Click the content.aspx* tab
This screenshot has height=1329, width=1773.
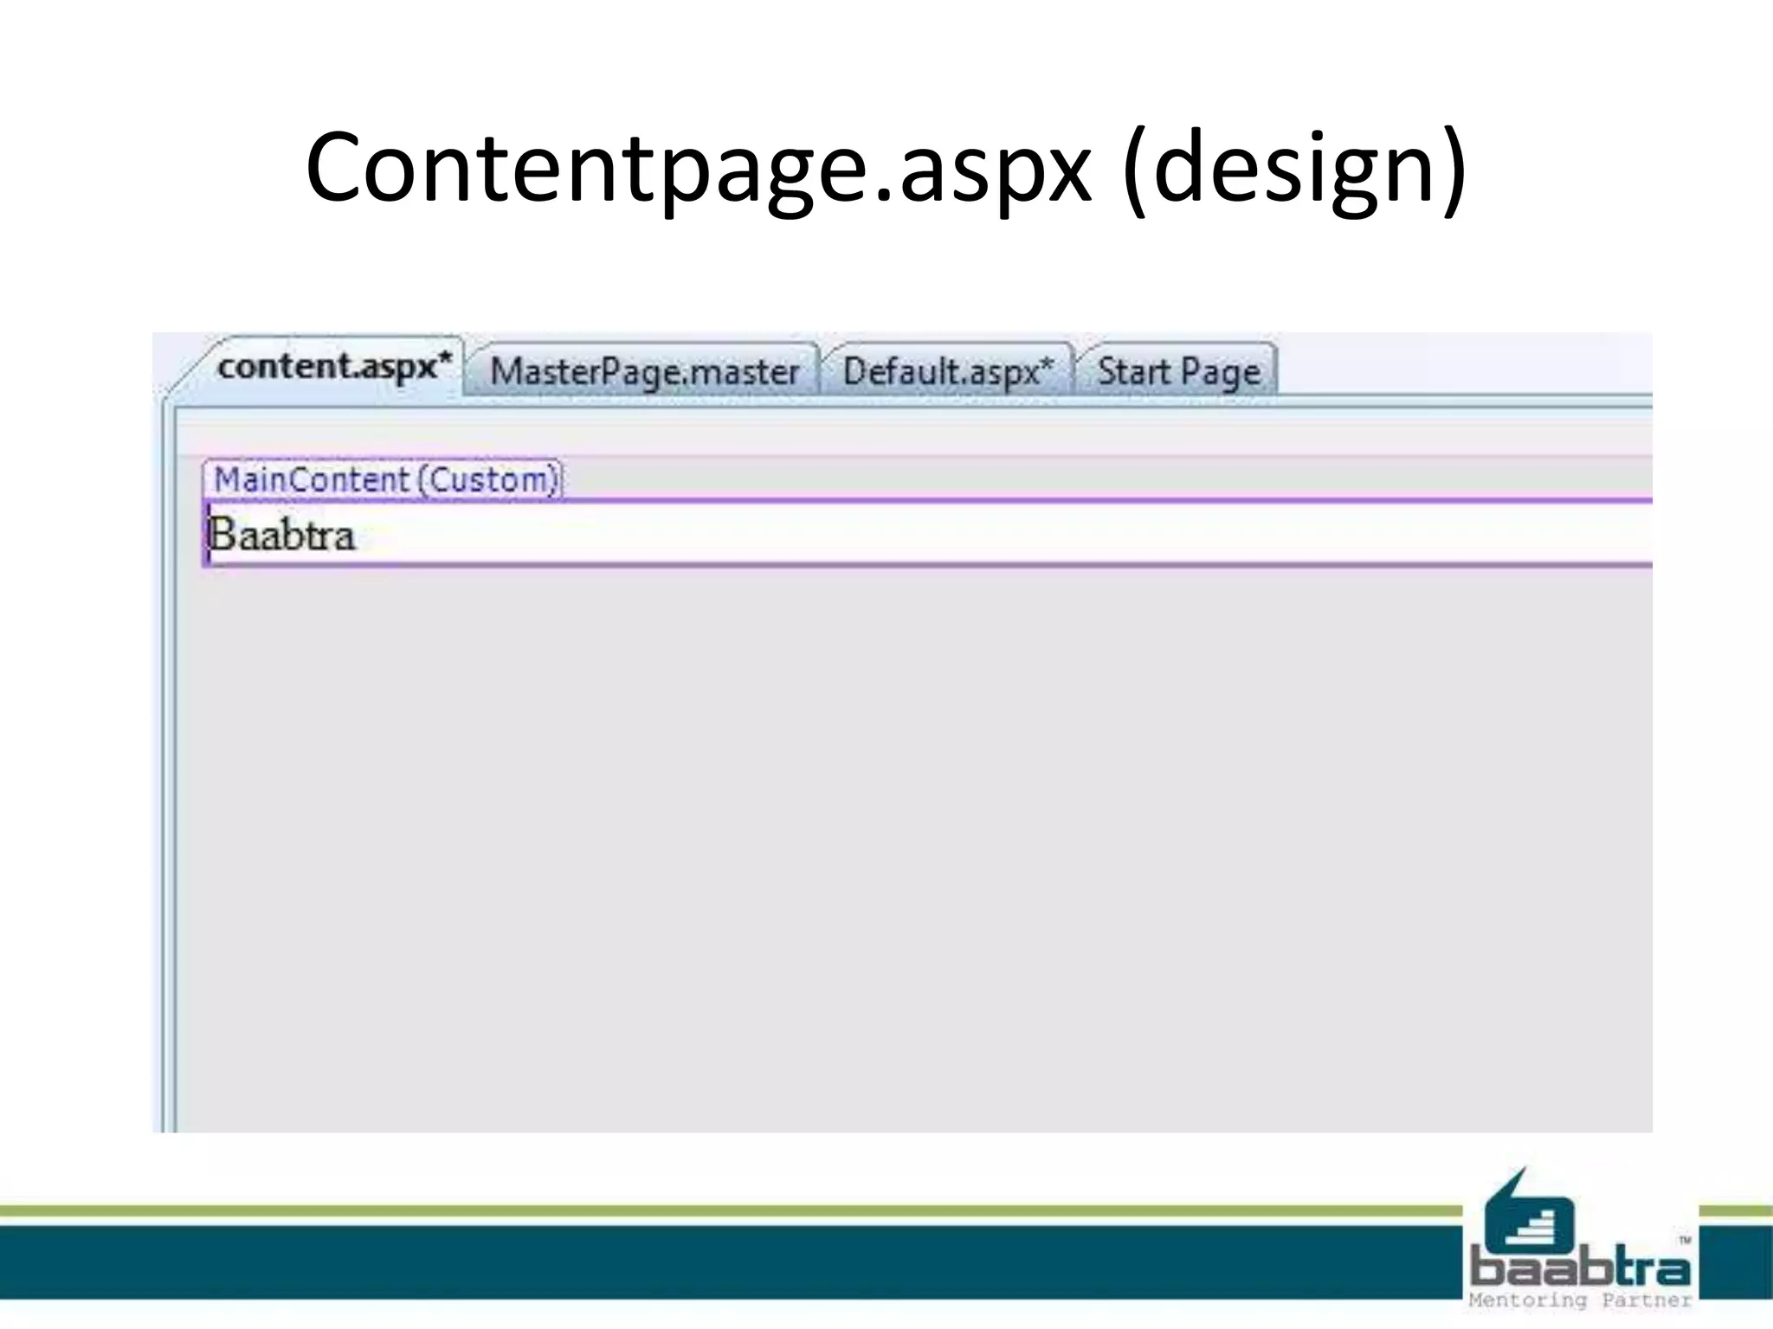pos(333,367)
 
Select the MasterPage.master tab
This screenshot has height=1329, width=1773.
pos(643,372)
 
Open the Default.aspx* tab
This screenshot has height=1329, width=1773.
pos(947,372)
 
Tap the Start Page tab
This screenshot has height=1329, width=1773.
pos(1178,372)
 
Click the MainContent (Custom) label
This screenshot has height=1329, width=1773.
pos(384,479)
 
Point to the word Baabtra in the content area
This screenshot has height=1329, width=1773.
pos(282,535)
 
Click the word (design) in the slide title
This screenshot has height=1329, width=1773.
pos(1293,168)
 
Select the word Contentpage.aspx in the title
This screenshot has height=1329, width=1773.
pos(698,168)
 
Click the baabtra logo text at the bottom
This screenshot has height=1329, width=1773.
pos(1579,1268)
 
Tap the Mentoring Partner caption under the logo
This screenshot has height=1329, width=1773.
pos(1579,1300)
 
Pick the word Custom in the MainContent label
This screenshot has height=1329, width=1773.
pos(490,479)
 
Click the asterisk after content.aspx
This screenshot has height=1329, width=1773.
pos(445,358)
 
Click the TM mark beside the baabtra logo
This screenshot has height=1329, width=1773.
pos(1685,1240)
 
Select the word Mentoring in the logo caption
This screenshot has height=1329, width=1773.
pos(1528,1300)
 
